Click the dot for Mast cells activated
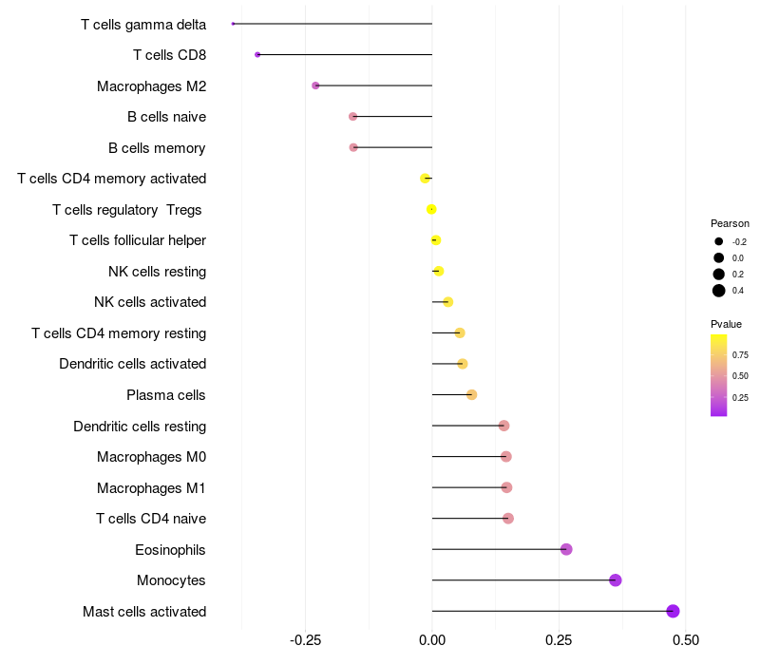tap(674, 611)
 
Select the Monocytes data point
tap(616, 579)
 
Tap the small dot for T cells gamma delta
tap(233, 24)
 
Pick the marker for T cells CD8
tap(257, 55)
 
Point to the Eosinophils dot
tap(566, 549)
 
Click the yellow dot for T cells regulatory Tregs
tap(432, 209)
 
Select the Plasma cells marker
tap(471, 394)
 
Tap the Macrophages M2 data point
tap(315, 85)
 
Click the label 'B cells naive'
tap(166, 117)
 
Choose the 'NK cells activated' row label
tap(150, 302)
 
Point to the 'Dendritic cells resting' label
tap(140, 426)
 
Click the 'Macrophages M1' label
tap(151, 487)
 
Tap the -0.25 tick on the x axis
tap(305, 639)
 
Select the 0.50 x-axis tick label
tap(685, 639)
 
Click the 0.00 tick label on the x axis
tap(432, 639)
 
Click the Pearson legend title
tap(730, 223)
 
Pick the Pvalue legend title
tap(727, 324)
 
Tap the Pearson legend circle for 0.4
tap(719, 291)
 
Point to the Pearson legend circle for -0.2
tap(719, 242)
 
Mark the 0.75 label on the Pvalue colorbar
tap(740, 355)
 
